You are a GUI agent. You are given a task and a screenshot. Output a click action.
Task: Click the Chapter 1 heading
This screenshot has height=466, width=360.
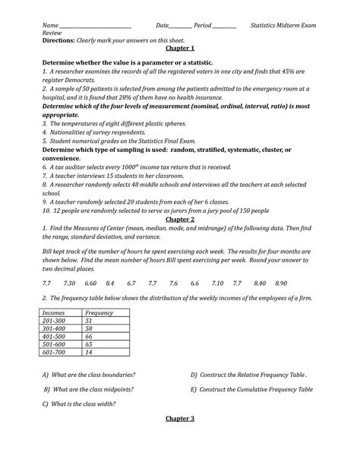(x=180, y=48)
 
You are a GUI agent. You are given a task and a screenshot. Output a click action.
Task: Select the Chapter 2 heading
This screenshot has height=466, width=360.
(x=180, y=219)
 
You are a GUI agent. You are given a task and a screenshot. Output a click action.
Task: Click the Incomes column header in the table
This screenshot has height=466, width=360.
(x=56, y=313)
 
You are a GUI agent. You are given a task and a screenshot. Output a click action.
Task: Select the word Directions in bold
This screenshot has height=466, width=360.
(x=62, y=40)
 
